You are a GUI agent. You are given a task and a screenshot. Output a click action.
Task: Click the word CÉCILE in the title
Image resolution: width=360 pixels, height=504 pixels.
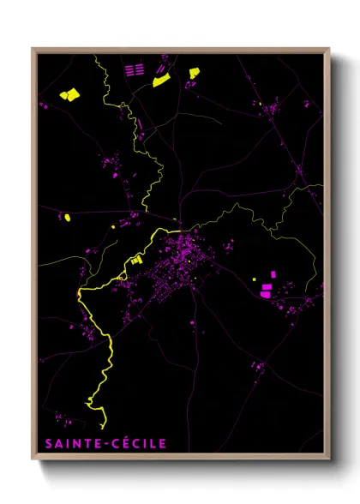tap(138, 444)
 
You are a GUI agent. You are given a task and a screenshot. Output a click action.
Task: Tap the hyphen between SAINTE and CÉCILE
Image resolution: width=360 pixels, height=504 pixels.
tap(107, 445)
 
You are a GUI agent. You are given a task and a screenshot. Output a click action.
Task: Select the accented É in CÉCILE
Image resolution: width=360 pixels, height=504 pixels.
tap(126, 444)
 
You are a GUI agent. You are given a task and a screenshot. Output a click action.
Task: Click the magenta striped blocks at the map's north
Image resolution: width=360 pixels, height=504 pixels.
tap(133, 70)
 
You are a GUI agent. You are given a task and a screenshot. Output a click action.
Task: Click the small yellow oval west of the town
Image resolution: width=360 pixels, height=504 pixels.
tap(66, 218)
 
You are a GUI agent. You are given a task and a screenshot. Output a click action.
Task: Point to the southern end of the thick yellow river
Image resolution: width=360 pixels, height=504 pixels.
tap(104, 424)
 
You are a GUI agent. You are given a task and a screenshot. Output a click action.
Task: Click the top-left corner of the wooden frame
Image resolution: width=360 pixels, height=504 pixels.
tap(33, 49)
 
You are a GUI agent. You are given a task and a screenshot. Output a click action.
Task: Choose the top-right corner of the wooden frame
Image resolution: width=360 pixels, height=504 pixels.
tap(328, 49)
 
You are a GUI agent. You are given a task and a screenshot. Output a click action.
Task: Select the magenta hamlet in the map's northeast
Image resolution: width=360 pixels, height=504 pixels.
tap(274, 108)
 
